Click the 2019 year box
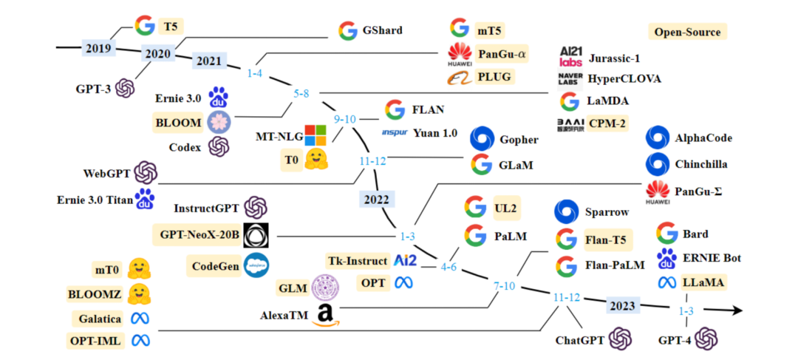point(98,49)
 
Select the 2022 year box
point(377,199)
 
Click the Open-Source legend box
point(686,33)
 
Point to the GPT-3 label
point(93,89)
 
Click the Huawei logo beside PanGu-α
point(460,53)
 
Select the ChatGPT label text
point(580,341)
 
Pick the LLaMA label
point(703,282)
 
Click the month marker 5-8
point(301,94)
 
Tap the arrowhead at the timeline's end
point(734,310)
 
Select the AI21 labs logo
point(571,56)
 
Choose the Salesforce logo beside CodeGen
point(256,264)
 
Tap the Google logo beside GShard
point(348,31)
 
